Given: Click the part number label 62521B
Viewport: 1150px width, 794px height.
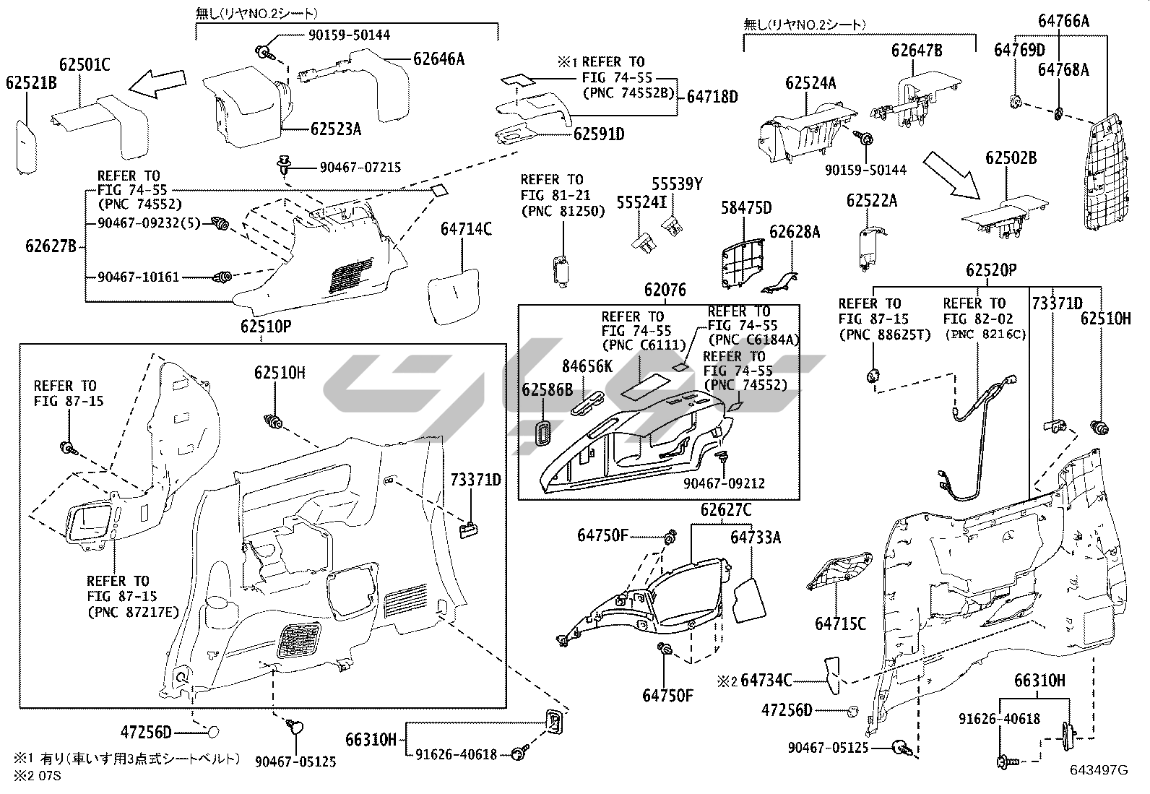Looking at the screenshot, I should coord(31,83).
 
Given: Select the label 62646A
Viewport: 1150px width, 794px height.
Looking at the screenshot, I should coord(438,59).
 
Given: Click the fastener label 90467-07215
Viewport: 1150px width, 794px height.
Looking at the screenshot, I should coord(360,168).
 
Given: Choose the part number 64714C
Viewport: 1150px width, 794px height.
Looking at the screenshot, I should coord(466,230).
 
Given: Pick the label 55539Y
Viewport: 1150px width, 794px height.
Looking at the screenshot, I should coord(677,184).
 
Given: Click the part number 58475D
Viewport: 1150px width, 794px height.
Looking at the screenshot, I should coord(746,209).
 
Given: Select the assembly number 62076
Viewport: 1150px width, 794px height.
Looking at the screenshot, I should coord(665,290).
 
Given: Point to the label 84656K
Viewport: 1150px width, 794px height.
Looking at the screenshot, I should coord(587,367).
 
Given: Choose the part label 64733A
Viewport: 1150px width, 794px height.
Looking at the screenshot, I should coord(756,537).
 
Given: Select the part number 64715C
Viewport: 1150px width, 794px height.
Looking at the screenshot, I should coord(840,623).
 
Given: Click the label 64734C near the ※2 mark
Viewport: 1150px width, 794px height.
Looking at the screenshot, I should coord(766,680).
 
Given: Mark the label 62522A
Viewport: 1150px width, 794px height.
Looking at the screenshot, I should coord(872,200).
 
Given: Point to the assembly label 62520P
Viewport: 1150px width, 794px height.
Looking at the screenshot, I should coord(991,270).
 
